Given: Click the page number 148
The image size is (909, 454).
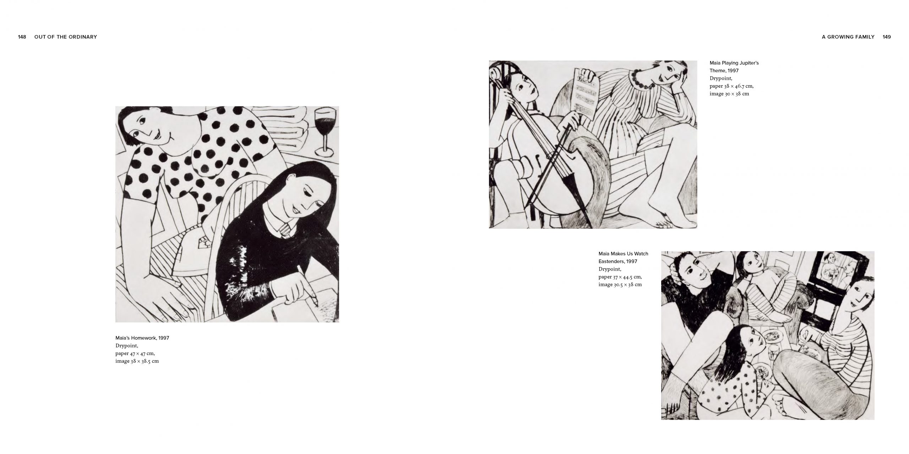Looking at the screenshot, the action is click(x=22, y=37).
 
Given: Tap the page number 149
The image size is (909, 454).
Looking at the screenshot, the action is click(x=887, y=37).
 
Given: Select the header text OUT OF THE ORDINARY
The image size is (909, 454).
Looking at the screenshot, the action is click(x=66, y=37).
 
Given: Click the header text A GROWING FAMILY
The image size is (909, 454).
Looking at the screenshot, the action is click(x=848, y=37).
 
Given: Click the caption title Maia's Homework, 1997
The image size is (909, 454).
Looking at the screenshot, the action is click(x=142, y=338).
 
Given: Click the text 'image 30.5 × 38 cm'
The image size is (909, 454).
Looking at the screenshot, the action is click(x=620, y=284).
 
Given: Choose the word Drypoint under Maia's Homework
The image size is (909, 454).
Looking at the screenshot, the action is click(x=127, y=345).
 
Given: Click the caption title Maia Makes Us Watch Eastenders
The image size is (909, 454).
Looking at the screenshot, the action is click(x=623, y=258).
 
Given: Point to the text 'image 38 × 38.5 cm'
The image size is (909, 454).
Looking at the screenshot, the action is click(x=137, y=361).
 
